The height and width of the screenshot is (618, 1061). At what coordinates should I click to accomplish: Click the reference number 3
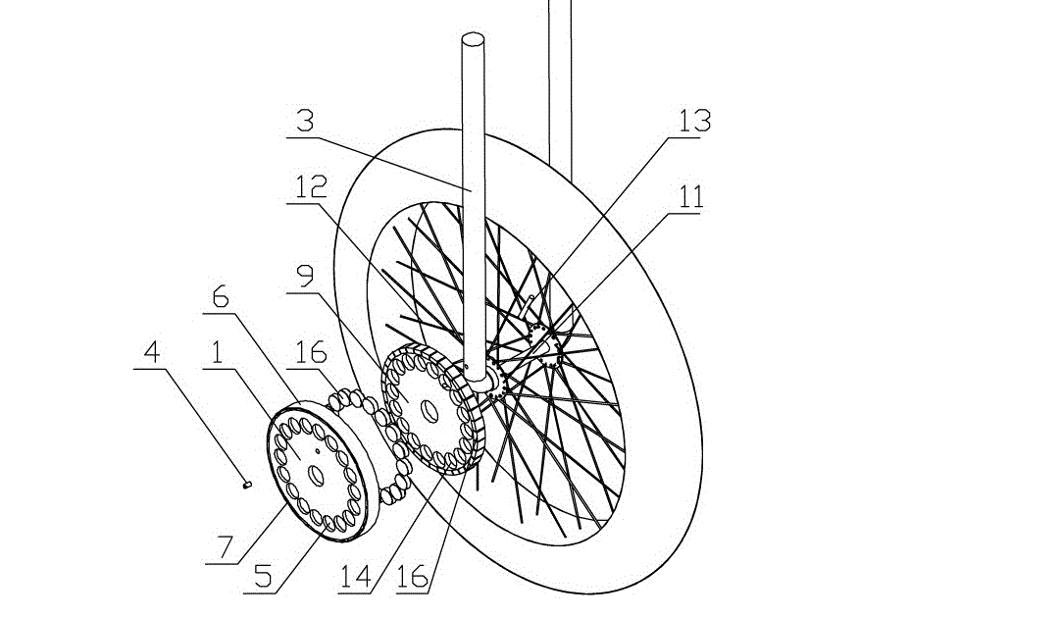[307, 122]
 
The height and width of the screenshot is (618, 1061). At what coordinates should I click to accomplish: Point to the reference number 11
[691, 197]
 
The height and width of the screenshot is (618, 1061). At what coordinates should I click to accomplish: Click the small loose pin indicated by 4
[248, 483]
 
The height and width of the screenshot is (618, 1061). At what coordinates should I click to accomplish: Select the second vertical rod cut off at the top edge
[559, 78]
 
